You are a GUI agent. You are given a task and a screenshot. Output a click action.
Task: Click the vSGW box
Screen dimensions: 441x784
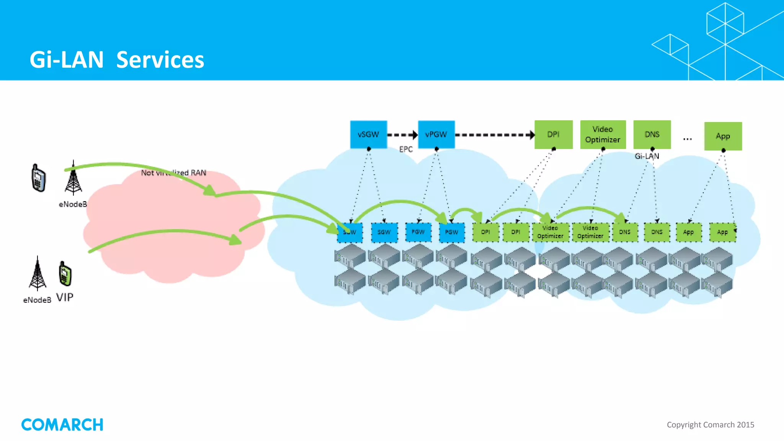(368, 134)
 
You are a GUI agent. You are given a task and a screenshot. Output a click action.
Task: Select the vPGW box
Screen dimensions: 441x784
(436, 134)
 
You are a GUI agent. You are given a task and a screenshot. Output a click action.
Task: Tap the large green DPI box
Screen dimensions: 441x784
(553, 134)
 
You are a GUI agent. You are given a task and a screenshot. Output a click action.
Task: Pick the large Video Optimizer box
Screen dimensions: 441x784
(603, 134)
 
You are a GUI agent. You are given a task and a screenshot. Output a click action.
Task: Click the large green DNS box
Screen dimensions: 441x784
(652, 134)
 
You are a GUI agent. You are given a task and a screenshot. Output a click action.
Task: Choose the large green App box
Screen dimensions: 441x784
(723, 136)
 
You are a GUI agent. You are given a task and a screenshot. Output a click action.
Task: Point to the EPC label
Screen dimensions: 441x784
(406, 149)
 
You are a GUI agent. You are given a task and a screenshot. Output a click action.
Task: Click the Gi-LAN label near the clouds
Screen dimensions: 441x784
(647, 156)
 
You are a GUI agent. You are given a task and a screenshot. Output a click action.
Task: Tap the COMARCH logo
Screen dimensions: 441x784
(62, 425)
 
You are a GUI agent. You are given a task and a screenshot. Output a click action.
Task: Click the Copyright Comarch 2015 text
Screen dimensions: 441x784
(710, 425)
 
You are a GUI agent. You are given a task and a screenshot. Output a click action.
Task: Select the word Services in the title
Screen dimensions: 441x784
(160, 60)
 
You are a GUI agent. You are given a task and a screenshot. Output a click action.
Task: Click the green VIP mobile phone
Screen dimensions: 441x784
(65, 274)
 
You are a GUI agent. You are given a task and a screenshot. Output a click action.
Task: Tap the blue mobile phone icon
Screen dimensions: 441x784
(38, 178)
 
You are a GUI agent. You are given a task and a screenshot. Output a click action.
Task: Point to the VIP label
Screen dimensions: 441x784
(65, 297)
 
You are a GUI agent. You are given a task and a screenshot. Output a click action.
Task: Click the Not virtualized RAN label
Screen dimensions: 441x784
(173, 173)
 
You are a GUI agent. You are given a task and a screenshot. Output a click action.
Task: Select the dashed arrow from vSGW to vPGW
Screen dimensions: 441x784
(402, 135)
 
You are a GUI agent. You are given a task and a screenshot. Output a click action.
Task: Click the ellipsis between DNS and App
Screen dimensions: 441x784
(687, 139)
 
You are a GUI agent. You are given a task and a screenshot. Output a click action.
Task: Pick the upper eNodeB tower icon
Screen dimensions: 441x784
(73, 179)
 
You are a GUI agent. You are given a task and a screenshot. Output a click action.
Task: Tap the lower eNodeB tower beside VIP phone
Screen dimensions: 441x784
(38, 274)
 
